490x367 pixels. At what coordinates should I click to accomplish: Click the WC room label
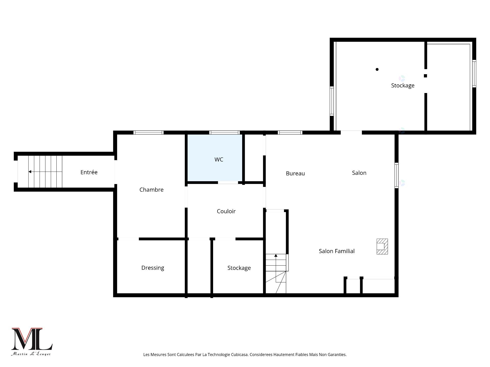click(219, 160)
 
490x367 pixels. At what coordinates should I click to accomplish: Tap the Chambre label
click(151, 190)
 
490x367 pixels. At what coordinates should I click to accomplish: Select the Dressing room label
click(153, 268)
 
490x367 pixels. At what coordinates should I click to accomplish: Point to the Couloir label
click(226, 211)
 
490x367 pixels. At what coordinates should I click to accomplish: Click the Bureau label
click(295, 174)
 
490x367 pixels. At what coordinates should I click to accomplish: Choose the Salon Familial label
click(337, 251)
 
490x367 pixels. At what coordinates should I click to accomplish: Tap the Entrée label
click(89, 172)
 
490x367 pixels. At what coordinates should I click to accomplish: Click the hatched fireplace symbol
click(382, 246)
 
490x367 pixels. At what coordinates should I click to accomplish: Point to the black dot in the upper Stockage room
click(377, 69)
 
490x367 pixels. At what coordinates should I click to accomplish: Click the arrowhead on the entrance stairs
click(30, 172)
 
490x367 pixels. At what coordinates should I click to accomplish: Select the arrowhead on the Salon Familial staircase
click(276, 255)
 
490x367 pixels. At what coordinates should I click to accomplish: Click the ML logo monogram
click(32, 339)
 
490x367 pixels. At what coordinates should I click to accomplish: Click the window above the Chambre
click(149, 133)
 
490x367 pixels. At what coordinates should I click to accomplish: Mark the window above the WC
click(224, 133)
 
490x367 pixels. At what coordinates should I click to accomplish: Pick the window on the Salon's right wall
click(397, 175)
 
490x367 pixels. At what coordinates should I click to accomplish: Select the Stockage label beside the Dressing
click(239, 268)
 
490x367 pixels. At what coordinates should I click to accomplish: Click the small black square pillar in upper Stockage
click(425, 76)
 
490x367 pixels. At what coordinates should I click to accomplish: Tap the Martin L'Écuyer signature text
click(31, 354)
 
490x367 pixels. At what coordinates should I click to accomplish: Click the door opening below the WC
click(228, 182)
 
